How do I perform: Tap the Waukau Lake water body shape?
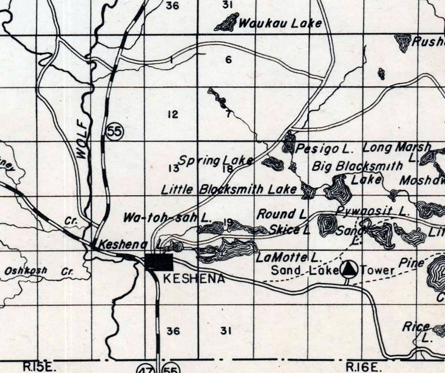click(x=226, y=23)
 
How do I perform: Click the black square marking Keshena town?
click(x=159, y=262)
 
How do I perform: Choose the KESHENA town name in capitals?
click(x=193, y=278)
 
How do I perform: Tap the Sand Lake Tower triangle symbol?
click(x=349, y=270)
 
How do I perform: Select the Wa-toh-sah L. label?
click(x=167, y=217)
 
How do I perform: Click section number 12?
click(x=173, y=115)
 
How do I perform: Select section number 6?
click(x=228, y=60)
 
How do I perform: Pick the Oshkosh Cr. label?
click(x=40, y=271)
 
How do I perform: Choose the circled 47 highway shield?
click(x=147, y=367)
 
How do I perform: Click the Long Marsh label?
click(x=397, y=148)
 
